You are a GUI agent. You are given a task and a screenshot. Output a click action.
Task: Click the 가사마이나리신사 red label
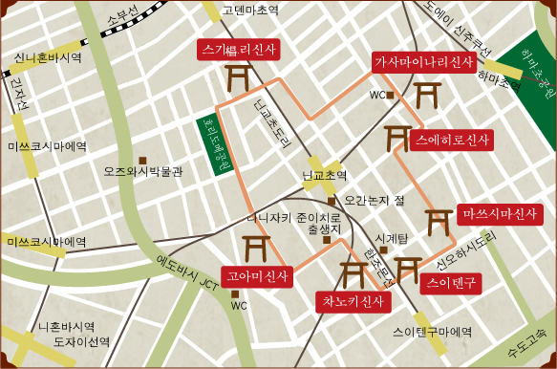[x=422, y=62]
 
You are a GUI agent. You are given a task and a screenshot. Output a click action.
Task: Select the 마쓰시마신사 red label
[x=501, y=212]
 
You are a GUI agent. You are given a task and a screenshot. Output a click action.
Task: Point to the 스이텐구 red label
[x=451, y=282]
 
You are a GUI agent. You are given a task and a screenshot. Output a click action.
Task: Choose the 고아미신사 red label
[x=256, y=277]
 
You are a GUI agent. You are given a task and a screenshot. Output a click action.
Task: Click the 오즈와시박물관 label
[x=142, y=173]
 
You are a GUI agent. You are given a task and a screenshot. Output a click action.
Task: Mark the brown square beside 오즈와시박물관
[x=142, y=159]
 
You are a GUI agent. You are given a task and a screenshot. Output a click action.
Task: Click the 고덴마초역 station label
[x=249, y=11]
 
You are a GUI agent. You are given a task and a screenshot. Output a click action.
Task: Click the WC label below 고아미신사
[x=239, y=306]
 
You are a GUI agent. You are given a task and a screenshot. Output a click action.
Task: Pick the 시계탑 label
[x=392, y=237]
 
